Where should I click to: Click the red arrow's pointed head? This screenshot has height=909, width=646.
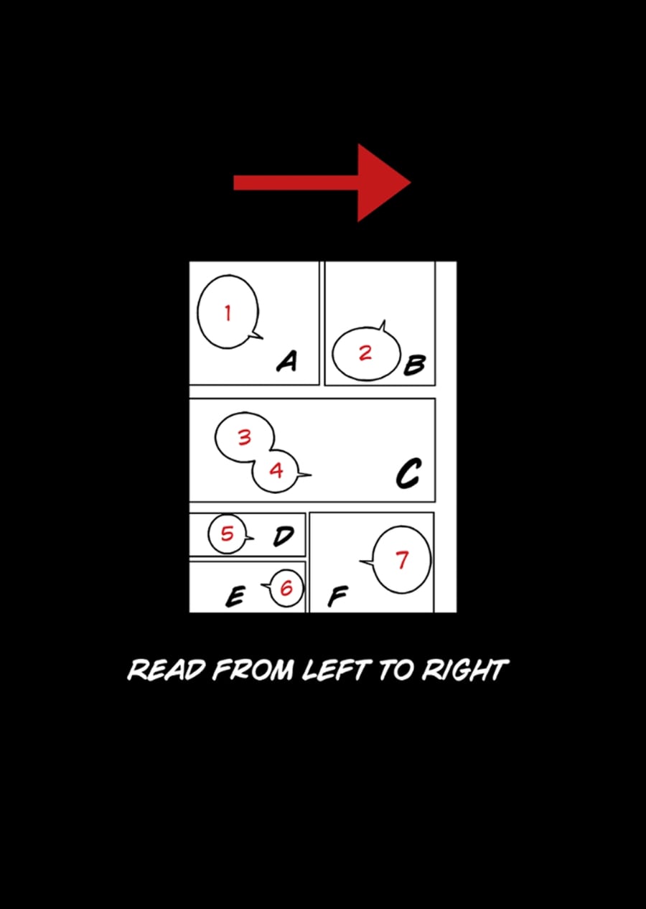[411, 182]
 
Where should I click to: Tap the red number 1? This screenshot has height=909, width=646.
[228, 313]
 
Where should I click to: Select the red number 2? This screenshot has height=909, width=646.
[365, 353]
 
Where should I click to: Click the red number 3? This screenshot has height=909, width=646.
[244, 437]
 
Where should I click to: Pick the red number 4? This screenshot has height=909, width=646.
[276, 470]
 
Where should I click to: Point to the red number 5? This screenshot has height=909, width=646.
[228, 533]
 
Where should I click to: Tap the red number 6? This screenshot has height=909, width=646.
[286, 587]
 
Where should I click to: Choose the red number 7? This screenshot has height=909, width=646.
[402, 559]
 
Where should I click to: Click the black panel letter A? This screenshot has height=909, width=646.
[287, 360]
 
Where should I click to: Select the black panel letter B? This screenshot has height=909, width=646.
[414, 365]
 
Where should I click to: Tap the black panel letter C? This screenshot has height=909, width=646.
[408, 473]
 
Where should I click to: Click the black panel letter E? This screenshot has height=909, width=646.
[235, 597]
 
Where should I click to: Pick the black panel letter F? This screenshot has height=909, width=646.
[337, 597]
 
